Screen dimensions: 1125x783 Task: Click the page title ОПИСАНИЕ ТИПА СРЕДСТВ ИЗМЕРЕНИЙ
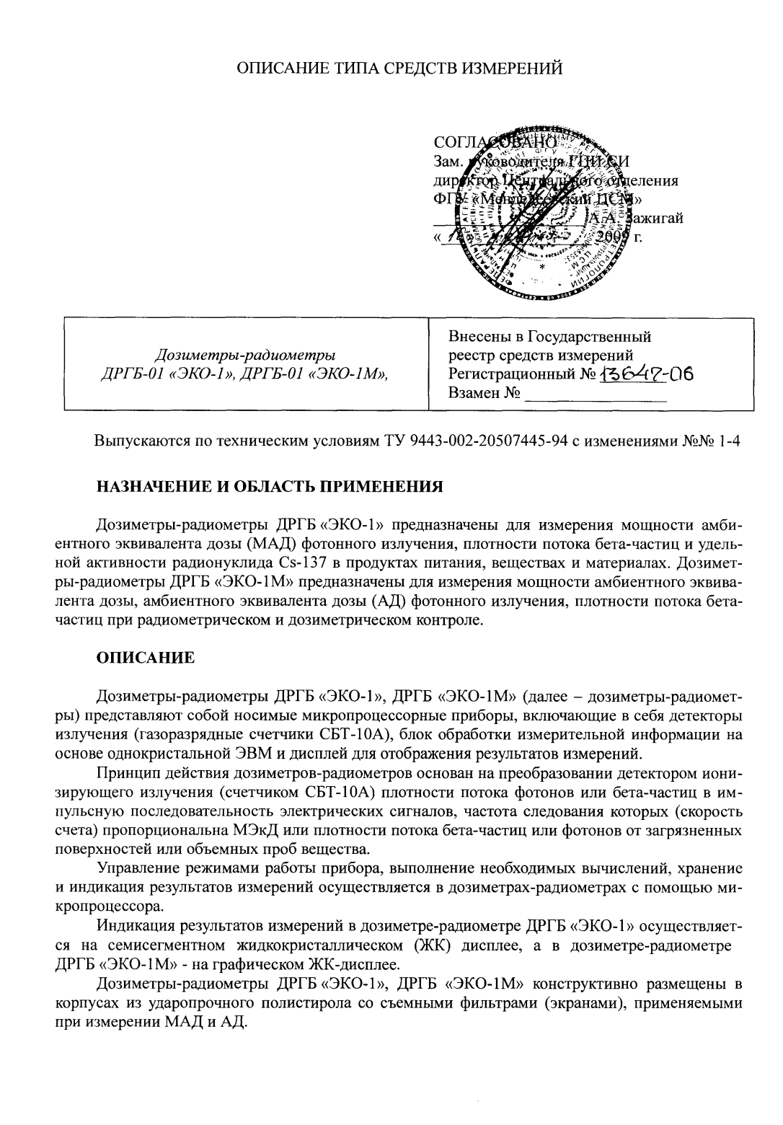coord(399,69)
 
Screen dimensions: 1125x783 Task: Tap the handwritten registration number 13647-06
coord(646,374)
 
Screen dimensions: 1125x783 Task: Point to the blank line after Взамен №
coord(595,394)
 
